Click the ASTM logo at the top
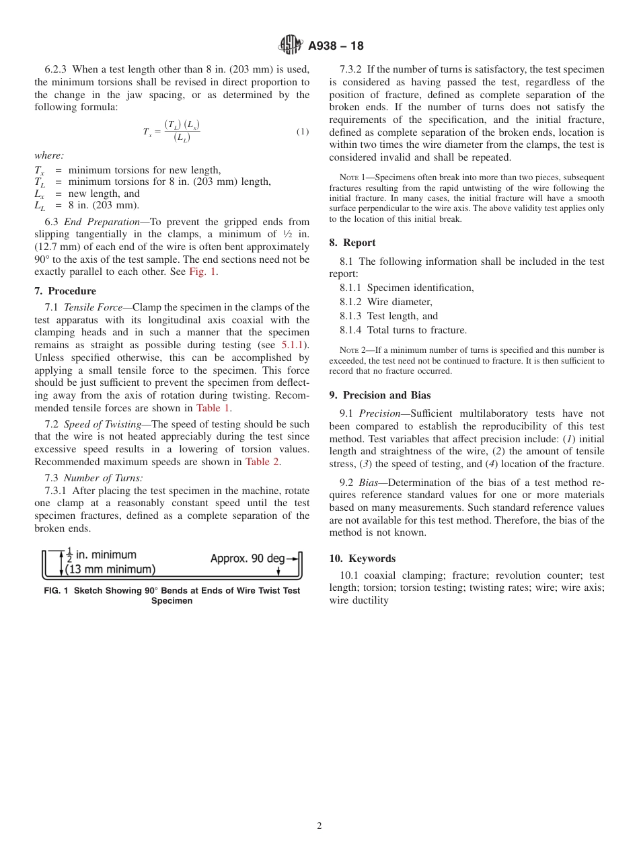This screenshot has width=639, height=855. click(291, 46)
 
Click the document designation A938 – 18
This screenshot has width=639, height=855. click(336, 46)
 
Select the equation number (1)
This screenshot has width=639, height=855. click(303, 132)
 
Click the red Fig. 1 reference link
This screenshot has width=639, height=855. click(203, 272)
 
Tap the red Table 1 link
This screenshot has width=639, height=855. click(213, 408)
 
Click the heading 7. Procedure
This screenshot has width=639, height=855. click(65, 291)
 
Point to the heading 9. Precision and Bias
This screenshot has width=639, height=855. click(380, 395)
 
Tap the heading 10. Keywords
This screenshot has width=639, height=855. click(363, 559)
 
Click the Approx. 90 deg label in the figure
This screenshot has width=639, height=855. click(248, 559)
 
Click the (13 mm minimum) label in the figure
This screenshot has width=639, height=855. click(110, 570)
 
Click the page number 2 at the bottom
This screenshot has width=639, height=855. click(319, 826)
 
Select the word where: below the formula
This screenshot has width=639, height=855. click(49, 155)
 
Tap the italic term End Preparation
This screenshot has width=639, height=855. click(93, 222)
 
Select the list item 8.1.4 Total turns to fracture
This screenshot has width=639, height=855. click(403, 330)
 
